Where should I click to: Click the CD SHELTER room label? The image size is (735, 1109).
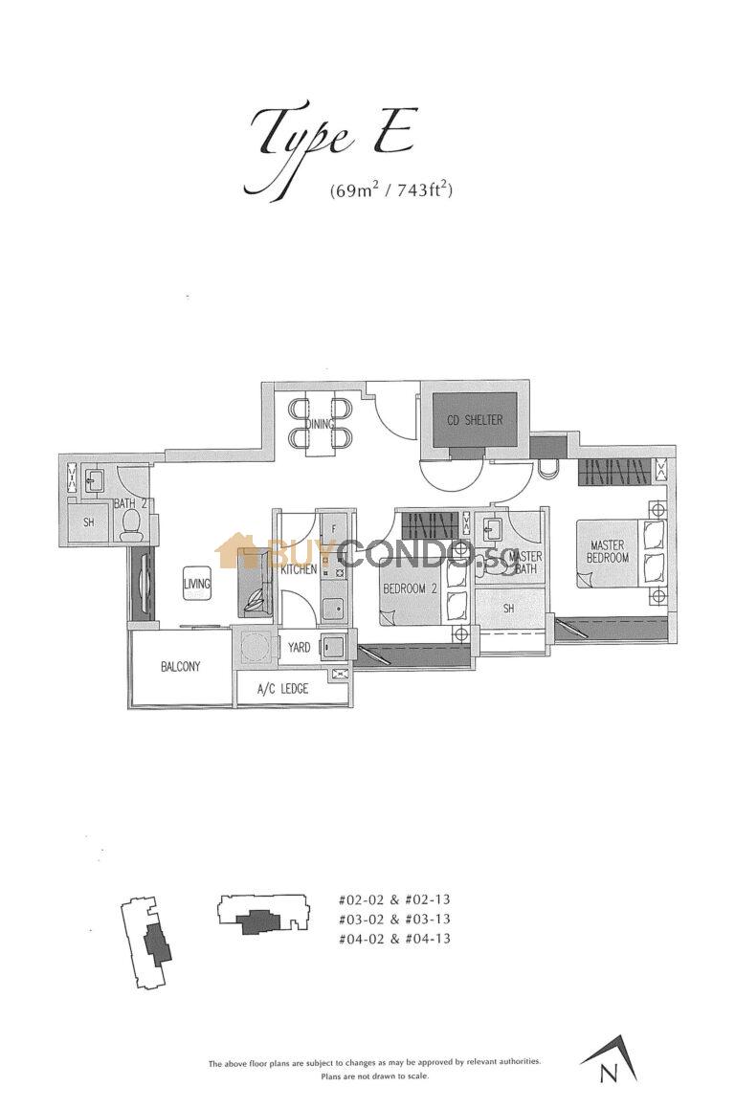point(474,420)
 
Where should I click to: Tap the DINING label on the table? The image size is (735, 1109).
point(321,425)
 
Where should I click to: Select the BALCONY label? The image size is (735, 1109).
point(180,667)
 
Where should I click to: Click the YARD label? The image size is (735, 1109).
point(299,648)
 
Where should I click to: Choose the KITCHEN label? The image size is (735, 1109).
point(299,569)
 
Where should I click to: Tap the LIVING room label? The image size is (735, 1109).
point(198,582)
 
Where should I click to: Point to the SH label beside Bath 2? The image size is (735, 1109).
point(88,522)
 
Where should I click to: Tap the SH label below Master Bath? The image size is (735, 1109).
point(509,609)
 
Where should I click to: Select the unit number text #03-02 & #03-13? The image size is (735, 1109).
point(394,919)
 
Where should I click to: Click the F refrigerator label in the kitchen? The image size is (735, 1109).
point(332,527)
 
